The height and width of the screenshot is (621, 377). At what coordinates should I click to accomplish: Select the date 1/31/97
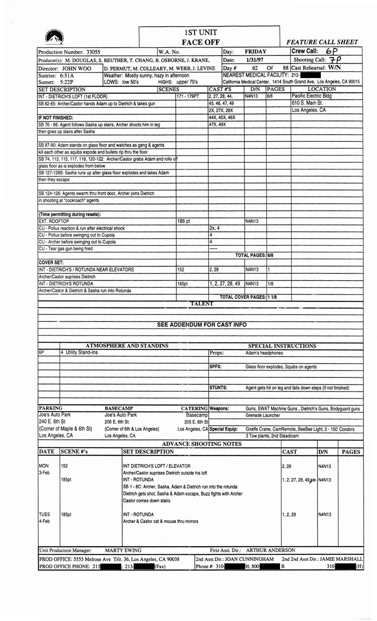click(254, 60)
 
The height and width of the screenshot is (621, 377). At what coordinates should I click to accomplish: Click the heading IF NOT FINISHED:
click(55, 118)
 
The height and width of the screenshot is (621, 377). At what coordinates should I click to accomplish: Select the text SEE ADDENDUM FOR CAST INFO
click(202, 325)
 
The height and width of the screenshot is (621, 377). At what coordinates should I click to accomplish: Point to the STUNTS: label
click(218, 387)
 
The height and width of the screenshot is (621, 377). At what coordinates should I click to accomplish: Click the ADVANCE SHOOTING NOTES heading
click(202, 444)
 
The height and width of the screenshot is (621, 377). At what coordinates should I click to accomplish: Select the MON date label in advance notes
click(44, 466)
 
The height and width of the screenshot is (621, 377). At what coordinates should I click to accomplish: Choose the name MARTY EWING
click(123, 550)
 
